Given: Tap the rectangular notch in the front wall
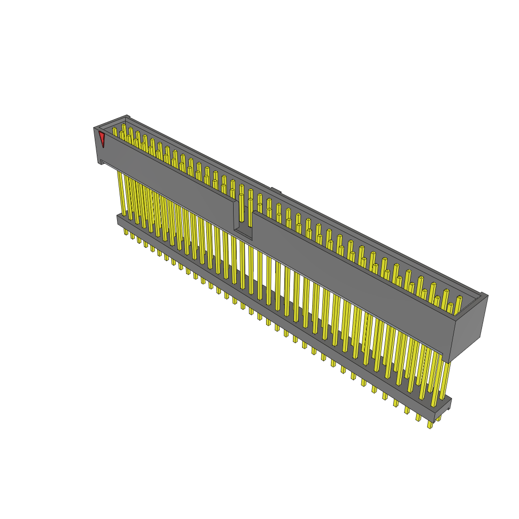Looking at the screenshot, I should click(x=243, y=218).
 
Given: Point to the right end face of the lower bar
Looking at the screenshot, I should click(x=442, y=410).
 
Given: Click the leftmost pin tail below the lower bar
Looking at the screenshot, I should click(x=126, y=231).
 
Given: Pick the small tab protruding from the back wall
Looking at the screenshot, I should click(x=276, y=191).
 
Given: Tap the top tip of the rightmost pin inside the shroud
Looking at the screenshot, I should click(x=460, y=298).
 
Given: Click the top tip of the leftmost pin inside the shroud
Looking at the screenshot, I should click(x=114, y=129).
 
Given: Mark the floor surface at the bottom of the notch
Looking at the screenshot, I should click(x=243, y=234).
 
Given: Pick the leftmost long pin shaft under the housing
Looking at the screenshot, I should click(x=122, y=193).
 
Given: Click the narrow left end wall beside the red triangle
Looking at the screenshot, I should click(x=97, y=144).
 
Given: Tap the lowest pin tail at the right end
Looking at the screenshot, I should click(x=430, y=425).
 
